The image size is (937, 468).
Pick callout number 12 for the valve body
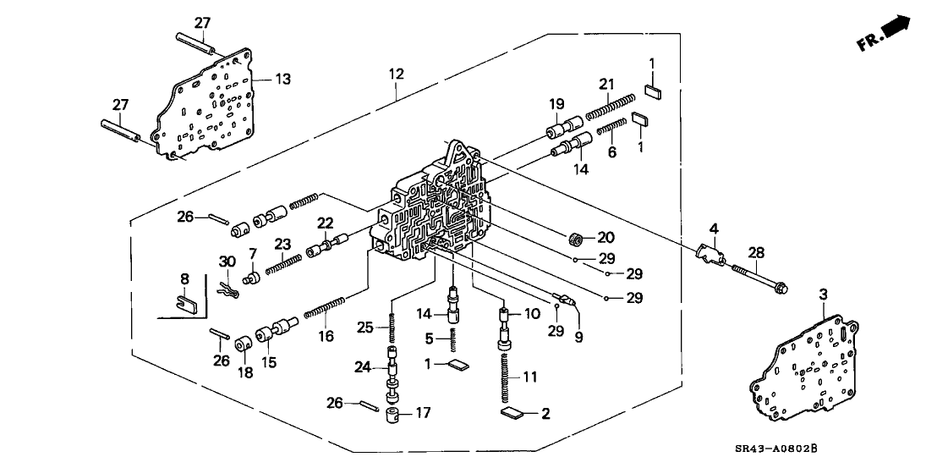397,74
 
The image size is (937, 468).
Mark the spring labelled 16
326,308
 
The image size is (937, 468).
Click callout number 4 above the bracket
713,228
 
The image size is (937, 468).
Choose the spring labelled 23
284,265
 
